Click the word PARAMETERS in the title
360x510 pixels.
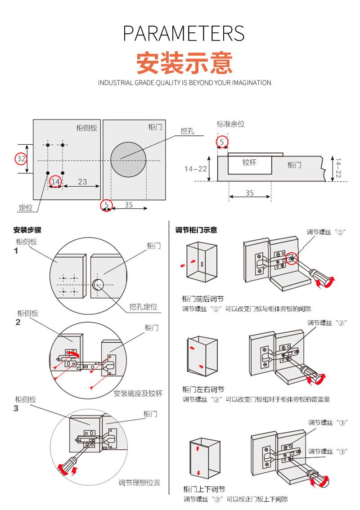[x=184, y=34]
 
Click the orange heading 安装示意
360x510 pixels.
[x=184, y=63]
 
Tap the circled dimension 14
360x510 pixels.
[x=55, y=181]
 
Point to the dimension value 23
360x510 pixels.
[x=82, y=182]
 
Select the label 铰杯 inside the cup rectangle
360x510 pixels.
[x=249, y=162]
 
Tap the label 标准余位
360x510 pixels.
[x=231, y=124]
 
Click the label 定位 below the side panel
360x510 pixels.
[x=26, y=208]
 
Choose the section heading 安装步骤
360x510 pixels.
[x=27, y=230]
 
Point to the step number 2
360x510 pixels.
[x=18, y=322]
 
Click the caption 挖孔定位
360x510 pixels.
[x=144, y=307]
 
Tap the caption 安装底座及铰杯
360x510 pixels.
[x=138, y=393]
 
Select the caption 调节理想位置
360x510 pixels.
[x=139, y=483]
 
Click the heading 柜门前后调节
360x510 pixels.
[x=203, y=299]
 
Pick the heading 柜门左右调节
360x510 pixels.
[x=203, y=389]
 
